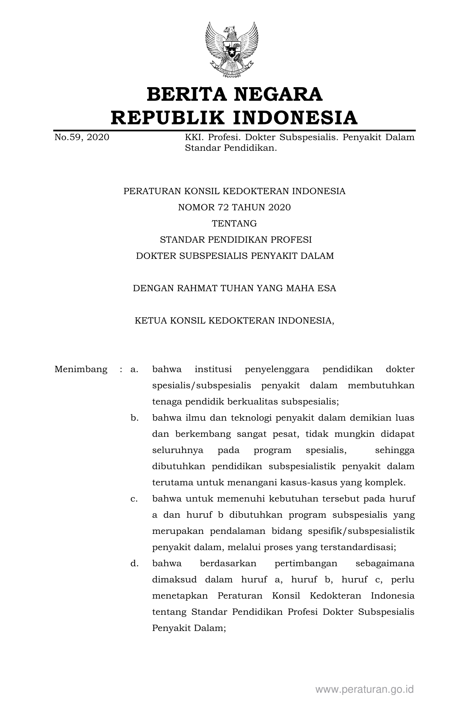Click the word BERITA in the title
point(186,94)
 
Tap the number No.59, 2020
point(82,138)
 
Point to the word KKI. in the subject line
point(193,138)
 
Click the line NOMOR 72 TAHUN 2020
point(234,207)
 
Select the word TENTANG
point(234,224)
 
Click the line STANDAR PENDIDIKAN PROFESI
point(236,240)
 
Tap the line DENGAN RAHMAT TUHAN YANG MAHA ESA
point(234,288)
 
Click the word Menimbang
point(81,369)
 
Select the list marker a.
point(134,369)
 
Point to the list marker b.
point(134,418)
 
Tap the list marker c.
point(134,499)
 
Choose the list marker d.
point(134,563)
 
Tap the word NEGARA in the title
point(278,94)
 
